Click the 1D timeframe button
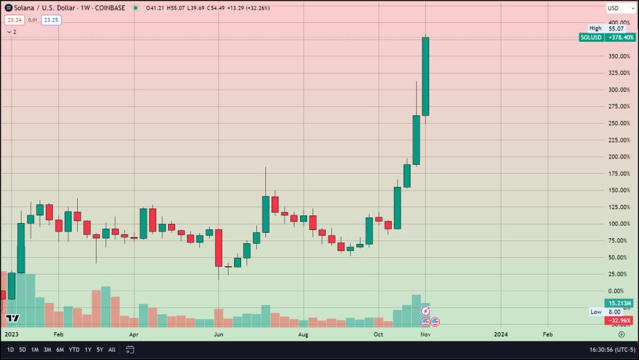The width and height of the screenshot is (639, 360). tap(10, 350)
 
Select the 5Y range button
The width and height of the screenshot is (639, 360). tap(100, 350)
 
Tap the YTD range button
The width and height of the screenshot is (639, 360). tap(74, 350)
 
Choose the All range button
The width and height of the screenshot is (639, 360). tap(112, 350)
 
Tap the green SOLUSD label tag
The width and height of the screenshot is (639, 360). tap(592, 38)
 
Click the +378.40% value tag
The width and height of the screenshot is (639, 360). tap(621, 38)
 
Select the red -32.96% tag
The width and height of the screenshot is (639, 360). tap(620, 320)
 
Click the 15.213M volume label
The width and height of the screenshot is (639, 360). tap(620, 303)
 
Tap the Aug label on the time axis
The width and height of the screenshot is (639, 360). tap(304, 334)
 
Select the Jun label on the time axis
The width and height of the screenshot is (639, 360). tap(218, 334)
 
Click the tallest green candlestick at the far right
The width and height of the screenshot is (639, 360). tap(426, 76)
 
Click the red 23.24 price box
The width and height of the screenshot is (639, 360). tap(14, 20)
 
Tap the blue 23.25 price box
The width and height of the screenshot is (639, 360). tap(51, 20)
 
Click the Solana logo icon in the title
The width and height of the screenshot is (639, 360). tap(8, 8)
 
